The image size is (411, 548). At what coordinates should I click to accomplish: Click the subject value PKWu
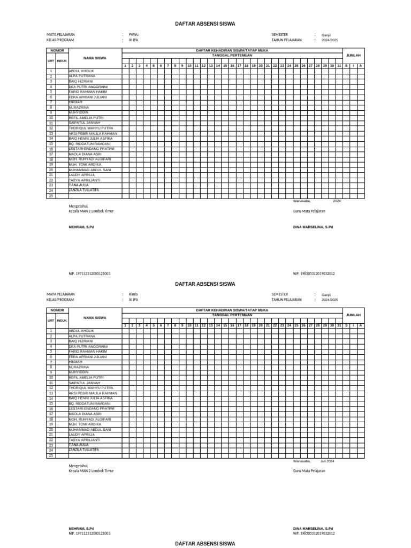(133, 35)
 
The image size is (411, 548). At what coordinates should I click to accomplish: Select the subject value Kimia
(133, 294)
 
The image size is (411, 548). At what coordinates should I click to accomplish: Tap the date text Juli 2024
(327, 461)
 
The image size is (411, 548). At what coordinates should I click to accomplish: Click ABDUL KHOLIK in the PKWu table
(81, 71)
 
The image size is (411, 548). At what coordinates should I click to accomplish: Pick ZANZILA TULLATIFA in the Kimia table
(84, 450)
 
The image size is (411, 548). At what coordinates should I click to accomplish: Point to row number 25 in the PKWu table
(51, 196)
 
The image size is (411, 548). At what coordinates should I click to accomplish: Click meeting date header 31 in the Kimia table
(339, 325)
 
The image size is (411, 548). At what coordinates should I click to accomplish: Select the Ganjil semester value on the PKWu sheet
(326, 35)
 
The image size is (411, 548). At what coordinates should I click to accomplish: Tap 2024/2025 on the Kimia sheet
(329, 300)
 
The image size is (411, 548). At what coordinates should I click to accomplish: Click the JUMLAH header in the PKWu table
(353, 55)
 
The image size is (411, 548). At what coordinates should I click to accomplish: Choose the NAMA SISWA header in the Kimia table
(95, 317)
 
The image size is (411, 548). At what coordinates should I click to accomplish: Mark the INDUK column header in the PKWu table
(62, 60)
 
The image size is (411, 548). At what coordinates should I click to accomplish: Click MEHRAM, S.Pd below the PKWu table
(81, 227)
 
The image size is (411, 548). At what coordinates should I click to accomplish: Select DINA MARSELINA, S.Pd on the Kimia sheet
(313, 528)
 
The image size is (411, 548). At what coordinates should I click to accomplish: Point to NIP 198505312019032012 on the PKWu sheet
(314, 273)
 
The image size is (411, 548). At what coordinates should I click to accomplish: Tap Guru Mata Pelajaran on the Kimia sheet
(309, 471)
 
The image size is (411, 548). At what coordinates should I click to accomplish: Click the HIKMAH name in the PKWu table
(76, 102)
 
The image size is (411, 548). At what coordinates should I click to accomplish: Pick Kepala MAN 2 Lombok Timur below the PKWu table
(91, 211)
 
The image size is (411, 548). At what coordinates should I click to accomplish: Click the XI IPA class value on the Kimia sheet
(133, 300)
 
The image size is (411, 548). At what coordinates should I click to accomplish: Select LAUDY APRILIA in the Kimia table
(82, 435)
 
